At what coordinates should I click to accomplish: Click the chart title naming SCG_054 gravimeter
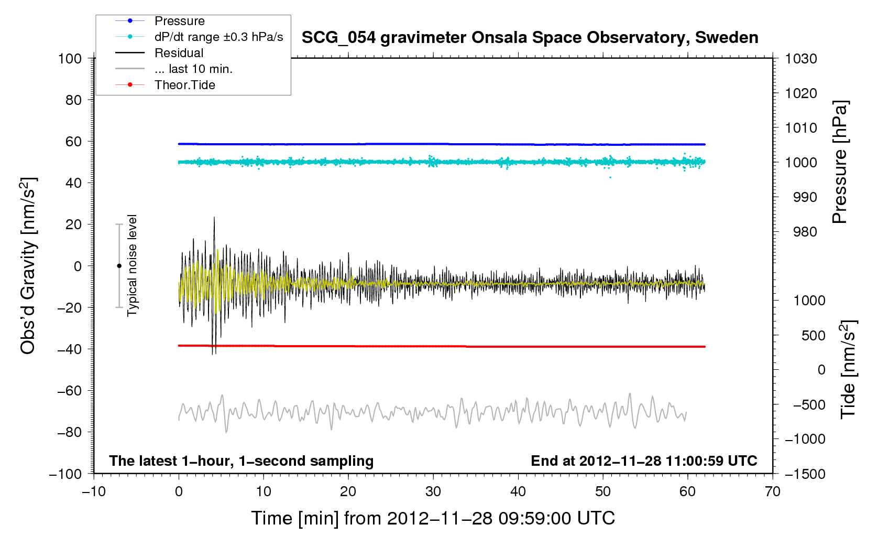tap(530, 38)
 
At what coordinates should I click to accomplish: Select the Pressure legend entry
tap(179, 21)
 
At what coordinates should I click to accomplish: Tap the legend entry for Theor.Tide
tap(184, 85)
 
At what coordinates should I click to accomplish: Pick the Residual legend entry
tap(179, 53)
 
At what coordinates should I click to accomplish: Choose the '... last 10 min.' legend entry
tap(193, 69)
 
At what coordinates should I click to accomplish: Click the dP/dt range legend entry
tap(218, 37)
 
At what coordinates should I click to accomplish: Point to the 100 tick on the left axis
tap(70, 58)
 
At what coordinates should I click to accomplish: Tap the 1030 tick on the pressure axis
tap(801, 59)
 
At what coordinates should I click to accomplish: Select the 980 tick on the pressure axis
tap(801, 232)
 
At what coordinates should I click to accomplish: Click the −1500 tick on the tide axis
tap(805, 474)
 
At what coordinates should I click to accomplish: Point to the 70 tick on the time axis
tap(773, 491)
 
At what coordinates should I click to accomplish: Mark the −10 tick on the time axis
tap(94, 491)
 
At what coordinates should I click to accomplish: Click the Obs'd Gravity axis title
tap(28, 266)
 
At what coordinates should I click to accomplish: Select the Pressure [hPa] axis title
tap(840, 162)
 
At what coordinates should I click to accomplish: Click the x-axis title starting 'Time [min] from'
tap(433, 518)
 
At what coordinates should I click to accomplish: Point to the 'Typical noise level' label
tap(132, 265)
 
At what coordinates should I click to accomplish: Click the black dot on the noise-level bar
tap(119, 266)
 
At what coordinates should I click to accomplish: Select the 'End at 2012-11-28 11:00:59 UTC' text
tap(644, 461)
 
